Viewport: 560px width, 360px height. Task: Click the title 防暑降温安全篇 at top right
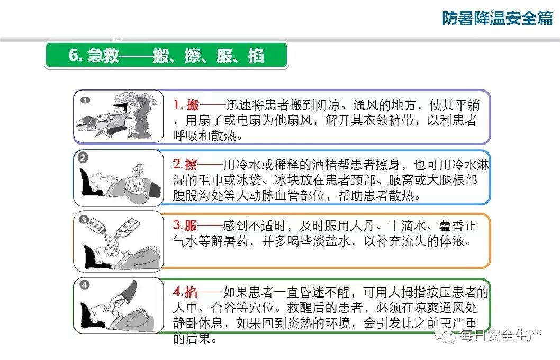coord(497,18)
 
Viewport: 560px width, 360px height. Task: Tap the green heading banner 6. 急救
coord(166,56)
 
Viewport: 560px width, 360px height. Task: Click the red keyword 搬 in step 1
coord(193,105)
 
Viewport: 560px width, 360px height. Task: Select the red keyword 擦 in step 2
coord(191,165)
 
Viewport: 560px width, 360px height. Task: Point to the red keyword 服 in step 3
coord(191,226)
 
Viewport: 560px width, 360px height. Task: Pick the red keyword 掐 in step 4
coord(191,292)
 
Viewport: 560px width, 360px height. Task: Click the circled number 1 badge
coord(85,101)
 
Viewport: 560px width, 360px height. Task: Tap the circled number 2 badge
coord(83,158)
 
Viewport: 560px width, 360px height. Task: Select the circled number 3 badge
coord(83,220)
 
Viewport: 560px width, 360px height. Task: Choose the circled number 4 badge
coord(84,285)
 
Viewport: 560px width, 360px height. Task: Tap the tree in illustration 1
coord(141,114)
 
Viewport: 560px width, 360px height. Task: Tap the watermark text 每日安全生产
coord(501,335)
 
